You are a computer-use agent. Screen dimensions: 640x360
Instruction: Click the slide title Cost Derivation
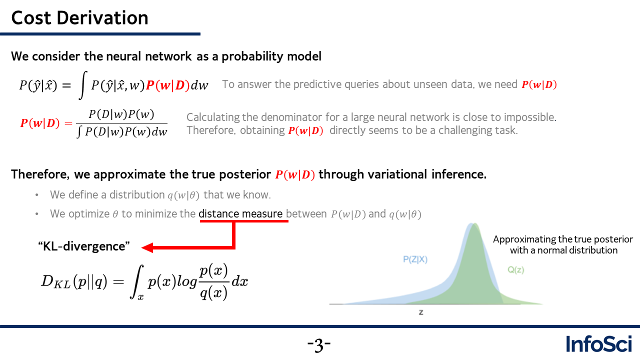(79, 17)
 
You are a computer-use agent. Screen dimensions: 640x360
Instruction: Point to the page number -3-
(319, 345)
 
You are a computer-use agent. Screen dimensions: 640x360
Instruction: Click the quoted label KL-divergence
(83, 246)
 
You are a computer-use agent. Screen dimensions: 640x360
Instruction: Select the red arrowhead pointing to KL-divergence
(147, 247)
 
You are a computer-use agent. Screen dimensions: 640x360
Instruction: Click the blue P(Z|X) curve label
(415, 259)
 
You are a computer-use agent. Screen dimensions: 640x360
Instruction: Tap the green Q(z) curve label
(515, 269)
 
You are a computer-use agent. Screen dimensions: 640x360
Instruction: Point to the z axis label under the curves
(421, 312)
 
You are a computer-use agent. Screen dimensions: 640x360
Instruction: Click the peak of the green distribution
(474, 224)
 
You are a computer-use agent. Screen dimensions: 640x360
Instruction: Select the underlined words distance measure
(240, 213)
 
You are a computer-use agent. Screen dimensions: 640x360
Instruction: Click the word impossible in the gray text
(530, 117)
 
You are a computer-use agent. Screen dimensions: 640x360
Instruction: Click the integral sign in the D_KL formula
(136, 281)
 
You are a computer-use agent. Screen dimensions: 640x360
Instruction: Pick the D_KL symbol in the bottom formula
(55, 281)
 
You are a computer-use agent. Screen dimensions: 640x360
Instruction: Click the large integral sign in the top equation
(82, 85)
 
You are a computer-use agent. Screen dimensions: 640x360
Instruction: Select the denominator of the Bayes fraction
(122, 131)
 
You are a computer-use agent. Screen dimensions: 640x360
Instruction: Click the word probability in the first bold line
(252, 56)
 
